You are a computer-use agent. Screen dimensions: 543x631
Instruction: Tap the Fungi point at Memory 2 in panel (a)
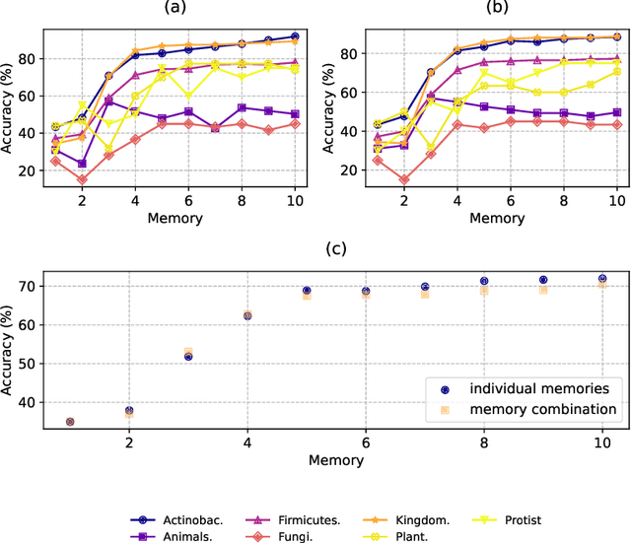point(82,179)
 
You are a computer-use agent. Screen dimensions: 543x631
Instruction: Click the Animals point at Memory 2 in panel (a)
point(82,164)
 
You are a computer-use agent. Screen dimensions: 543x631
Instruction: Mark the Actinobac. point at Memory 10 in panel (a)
point(295,36)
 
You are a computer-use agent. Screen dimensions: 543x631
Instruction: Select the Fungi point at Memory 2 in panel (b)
point(403,179)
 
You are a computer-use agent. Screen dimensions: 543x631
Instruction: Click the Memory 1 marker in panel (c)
point(70,422)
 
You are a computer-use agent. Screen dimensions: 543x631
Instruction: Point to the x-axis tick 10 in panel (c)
point(601,443)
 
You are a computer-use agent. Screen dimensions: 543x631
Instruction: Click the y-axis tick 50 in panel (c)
point(40,364)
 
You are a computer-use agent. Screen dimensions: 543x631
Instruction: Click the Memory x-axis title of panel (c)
point(335,460)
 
